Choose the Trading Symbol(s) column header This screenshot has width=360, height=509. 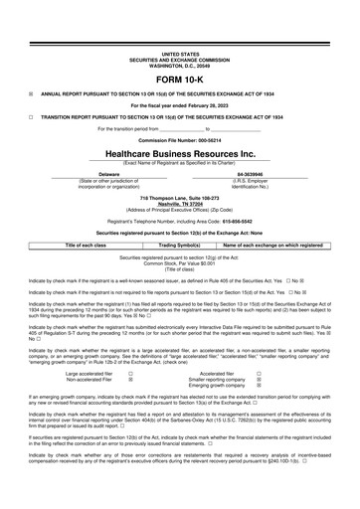[x=179, y=244]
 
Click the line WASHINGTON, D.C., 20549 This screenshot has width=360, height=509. [x=179, y=38]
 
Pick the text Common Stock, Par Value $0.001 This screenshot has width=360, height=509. [x=179, y=263]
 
